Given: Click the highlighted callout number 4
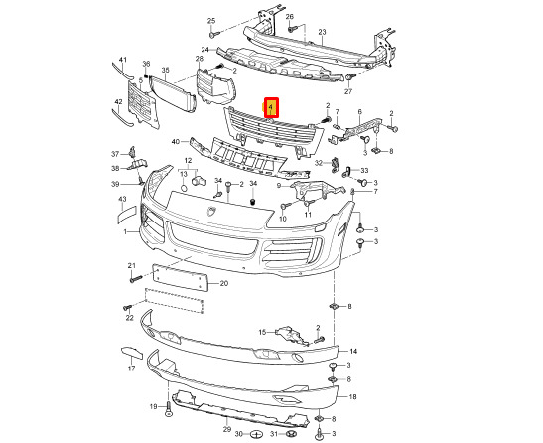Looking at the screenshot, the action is pos(271,107).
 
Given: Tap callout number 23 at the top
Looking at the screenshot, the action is pos(322,32).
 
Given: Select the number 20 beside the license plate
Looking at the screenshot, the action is pos(224,283).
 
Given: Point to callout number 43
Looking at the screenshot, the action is pos(122,199).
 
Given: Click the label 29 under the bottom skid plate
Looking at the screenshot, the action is pos(226,430).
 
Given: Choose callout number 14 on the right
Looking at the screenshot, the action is pos(353,352).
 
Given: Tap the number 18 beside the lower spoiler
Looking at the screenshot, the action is pos(352,397).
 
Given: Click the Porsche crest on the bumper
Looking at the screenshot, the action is pos(211,211).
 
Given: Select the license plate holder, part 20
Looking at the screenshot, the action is pos(180,278).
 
